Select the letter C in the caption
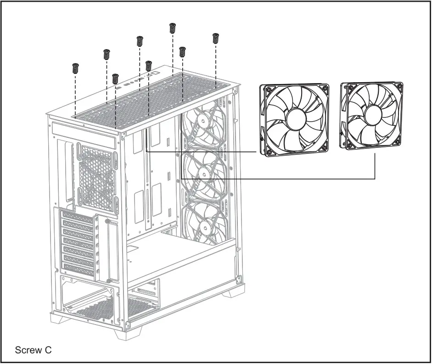48,350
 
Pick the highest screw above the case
173,28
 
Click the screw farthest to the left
76,68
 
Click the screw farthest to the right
215,38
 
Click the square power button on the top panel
156,73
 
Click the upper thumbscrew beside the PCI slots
108,222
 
